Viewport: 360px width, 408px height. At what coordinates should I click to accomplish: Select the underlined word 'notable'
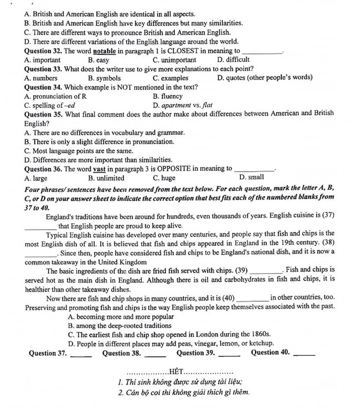[104, 51]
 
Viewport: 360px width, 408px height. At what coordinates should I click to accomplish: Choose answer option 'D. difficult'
[233, 60]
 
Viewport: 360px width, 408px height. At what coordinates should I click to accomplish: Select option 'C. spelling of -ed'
[50, 105]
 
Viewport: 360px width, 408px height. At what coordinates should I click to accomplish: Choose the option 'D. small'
[251, 177]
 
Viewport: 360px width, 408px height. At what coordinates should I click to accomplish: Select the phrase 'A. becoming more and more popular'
[121, 317]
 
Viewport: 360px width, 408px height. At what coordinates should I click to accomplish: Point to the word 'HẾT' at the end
[180, 373]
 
